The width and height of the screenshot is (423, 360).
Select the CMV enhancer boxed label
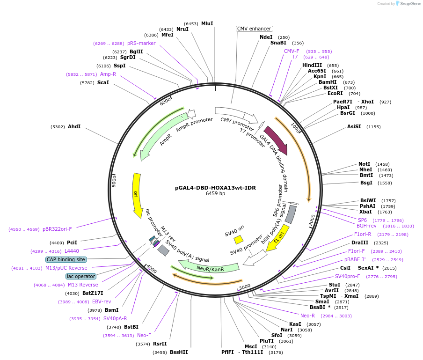[x=255, y=29]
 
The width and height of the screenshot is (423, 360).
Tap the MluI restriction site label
[x=207, y=23]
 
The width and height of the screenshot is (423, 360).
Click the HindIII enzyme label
[x=312, y=65]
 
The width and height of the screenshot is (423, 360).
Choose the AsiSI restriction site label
[x=354, y=127]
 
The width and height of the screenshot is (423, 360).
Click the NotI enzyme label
[x=365, y=164]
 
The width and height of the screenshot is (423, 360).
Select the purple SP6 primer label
[x=362, y=220]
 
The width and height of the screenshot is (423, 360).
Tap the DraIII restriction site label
[x=360, y=243]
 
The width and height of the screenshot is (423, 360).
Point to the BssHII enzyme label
[x=179, y=352]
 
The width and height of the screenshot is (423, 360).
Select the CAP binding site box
[x=66, y=259]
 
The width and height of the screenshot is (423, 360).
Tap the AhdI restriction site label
[x=74, y=127]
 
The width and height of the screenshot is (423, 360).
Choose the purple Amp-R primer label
[x=108, y=74]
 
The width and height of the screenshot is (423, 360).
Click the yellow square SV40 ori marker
[x=238, y=240]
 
